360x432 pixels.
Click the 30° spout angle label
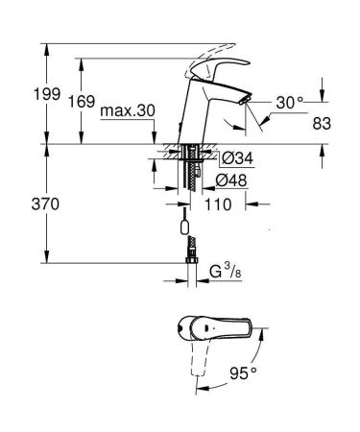[289, 101]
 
